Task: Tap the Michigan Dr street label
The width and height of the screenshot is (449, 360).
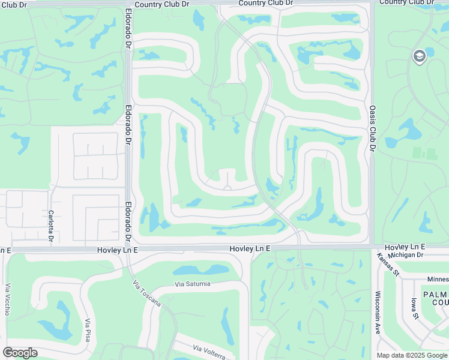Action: (406, 255)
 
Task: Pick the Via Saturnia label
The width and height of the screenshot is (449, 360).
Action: (193, 284)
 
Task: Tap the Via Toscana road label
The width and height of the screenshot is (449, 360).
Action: (147, 293)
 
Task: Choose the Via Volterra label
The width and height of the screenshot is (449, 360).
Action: (209, 352)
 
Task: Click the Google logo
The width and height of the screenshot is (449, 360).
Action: (20, 352)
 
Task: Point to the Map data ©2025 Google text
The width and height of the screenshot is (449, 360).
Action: (411, 355)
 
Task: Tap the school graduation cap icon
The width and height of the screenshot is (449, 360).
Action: (419, 56)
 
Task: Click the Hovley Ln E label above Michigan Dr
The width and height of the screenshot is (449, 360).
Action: (405, 247)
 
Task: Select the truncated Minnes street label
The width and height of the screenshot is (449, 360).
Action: (436, 279)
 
